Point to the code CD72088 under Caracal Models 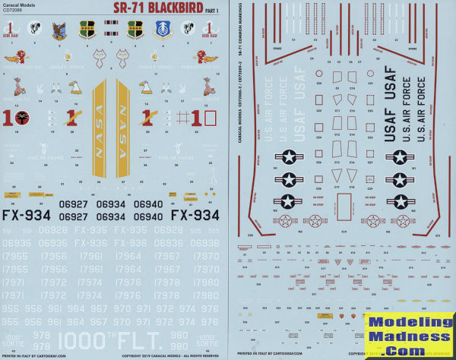[14, 12]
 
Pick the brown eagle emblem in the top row [61, 30]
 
